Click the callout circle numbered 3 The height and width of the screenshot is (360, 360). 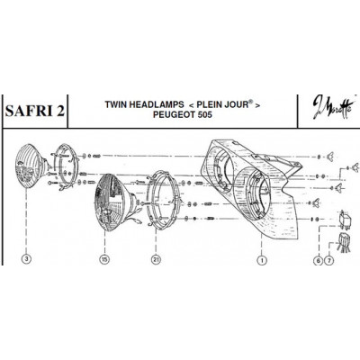[x=27, y=259]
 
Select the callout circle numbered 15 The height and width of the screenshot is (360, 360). [x=104, y=259]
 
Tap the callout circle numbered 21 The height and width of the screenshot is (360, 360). [x=156, y=259]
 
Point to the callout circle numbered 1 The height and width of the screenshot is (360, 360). [x=262, y=260]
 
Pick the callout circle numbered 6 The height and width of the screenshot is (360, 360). [x=318, y=261]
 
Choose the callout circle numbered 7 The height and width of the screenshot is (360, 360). [x=329, y=261]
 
